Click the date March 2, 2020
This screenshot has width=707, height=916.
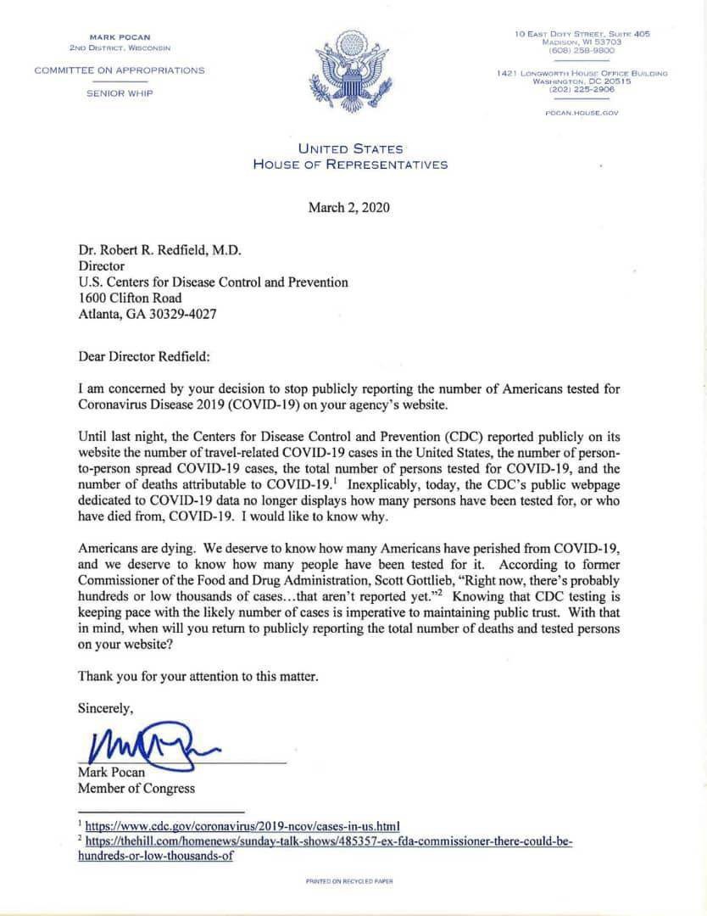point(349,207)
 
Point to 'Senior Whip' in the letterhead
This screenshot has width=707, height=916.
point(120,92)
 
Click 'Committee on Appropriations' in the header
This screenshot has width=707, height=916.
point(120,70)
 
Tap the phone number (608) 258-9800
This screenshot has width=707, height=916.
point(582,51)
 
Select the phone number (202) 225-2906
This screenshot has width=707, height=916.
point(582,89)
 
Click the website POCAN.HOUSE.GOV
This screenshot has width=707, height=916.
point(582,112)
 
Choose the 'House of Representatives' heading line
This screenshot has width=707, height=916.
point(350,165)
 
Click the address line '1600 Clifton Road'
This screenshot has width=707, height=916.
point(130,298)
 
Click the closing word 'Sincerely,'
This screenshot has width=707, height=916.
point(105,707)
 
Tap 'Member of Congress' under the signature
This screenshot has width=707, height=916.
point(136,788)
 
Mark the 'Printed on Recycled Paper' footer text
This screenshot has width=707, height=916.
point(349,881)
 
